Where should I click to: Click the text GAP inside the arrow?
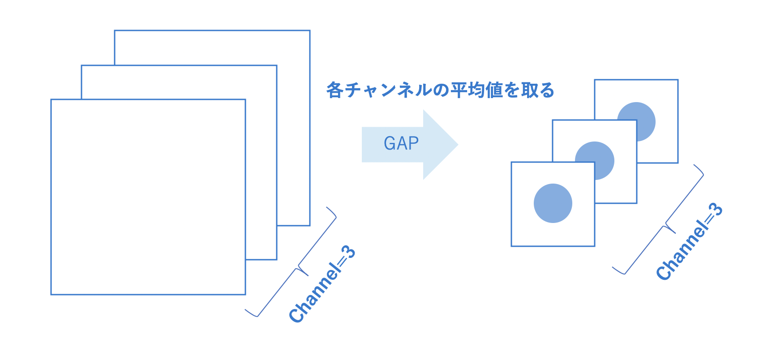[401, 144]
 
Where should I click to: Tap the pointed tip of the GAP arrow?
[457, 145]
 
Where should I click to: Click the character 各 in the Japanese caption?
[335, 90]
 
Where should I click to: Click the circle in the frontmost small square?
[553, 203]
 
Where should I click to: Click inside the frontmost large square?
[148, 197]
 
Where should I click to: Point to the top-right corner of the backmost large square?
[310, 30]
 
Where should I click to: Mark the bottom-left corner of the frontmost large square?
[51, 294]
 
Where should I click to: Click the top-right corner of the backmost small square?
[678, 80]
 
